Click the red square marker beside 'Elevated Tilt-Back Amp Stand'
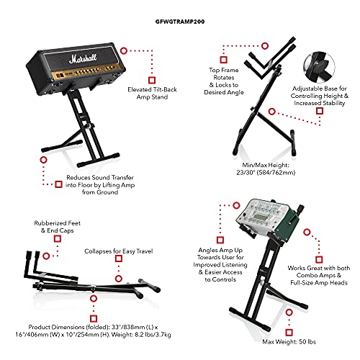pyautogui.click(x=151, y=80)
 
